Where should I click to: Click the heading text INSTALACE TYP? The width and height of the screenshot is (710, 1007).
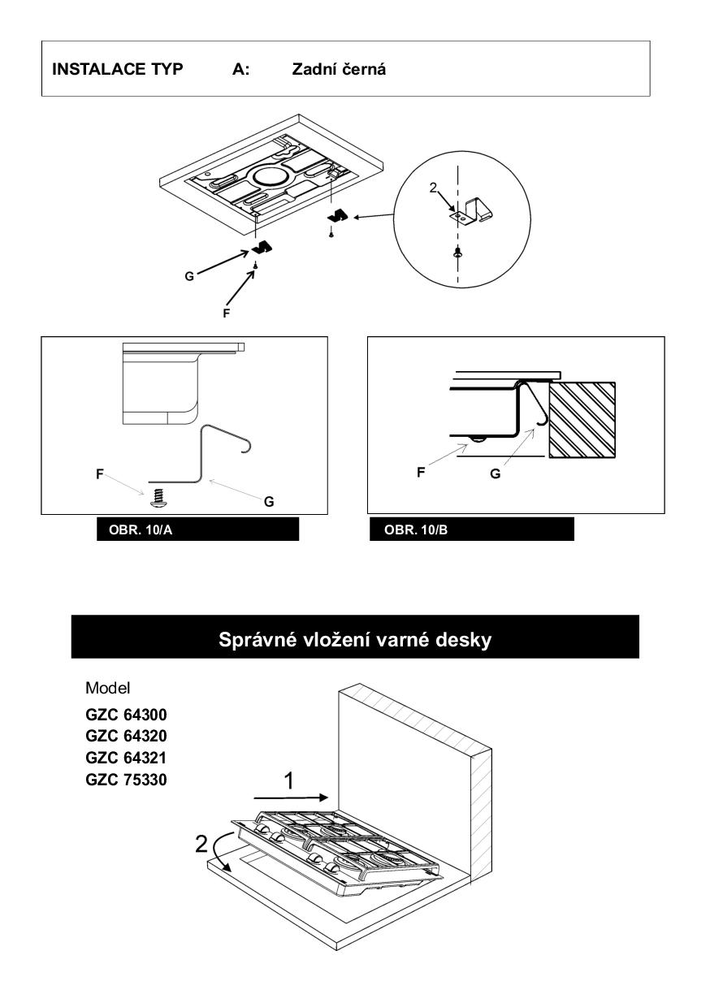tap(117, 69)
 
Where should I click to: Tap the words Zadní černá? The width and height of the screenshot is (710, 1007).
tap(339, 69)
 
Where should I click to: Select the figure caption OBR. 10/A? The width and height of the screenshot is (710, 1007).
tap(141, 529)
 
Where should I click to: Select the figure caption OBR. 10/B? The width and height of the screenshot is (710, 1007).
tap(415, 529)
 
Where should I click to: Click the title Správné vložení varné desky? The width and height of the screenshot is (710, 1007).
tap(355, 639)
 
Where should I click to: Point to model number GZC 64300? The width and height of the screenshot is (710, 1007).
tap(126, 715)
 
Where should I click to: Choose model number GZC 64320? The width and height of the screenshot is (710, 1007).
tap(126, 736)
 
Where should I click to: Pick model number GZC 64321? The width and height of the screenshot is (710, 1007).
tap(126, 758)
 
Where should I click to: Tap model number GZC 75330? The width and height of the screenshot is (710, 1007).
tap(126, 780)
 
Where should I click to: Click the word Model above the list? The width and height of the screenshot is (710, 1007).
tap(107, 688)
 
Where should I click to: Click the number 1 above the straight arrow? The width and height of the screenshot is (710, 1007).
tap(289, 781)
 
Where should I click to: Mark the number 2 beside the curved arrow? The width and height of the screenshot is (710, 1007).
tap(201, 845)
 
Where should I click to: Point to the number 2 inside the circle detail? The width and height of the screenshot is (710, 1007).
tap(432, 188)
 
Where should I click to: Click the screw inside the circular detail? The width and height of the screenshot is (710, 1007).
tap(457, 253)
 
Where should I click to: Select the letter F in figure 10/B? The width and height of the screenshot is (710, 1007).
tap(421, 473)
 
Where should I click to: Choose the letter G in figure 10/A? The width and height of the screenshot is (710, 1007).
tap(269, 502)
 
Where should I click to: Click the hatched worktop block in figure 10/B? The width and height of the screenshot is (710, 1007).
tap(582, 420)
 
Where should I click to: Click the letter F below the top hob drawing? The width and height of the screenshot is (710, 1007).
tap(226, 313)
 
